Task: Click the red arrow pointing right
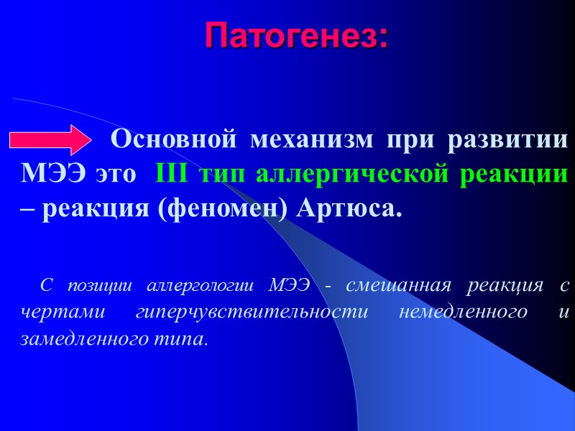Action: (51, 139)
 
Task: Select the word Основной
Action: (173, 138)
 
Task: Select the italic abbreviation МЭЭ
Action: (289, 284)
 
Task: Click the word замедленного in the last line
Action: (83, 338)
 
